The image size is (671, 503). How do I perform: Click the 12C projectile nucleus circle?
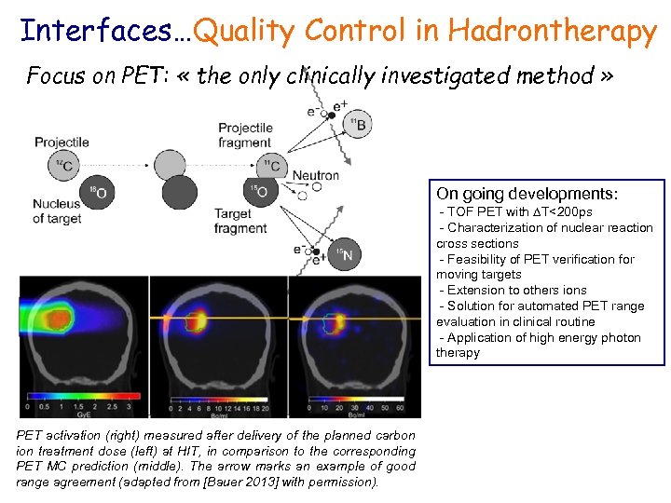point(63,166)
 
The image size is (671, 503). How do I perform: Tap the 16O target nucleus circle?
point(98,193)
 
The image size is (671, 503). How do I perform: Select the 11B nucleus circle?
point(357,123)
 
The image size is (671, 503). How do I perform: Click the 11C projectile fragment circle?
point(269,166)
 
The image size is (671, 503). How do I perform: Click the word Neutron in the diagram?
point(316,175)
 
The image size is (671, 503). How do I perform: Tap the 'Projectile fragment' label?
point(245,135)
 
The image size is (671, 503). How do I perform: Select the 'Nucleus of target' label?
point(57,211)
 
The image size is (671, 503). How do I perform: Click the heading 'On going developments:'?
point(527,195)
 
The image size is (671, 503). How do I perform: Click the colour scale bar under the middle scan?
point(220,397)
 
